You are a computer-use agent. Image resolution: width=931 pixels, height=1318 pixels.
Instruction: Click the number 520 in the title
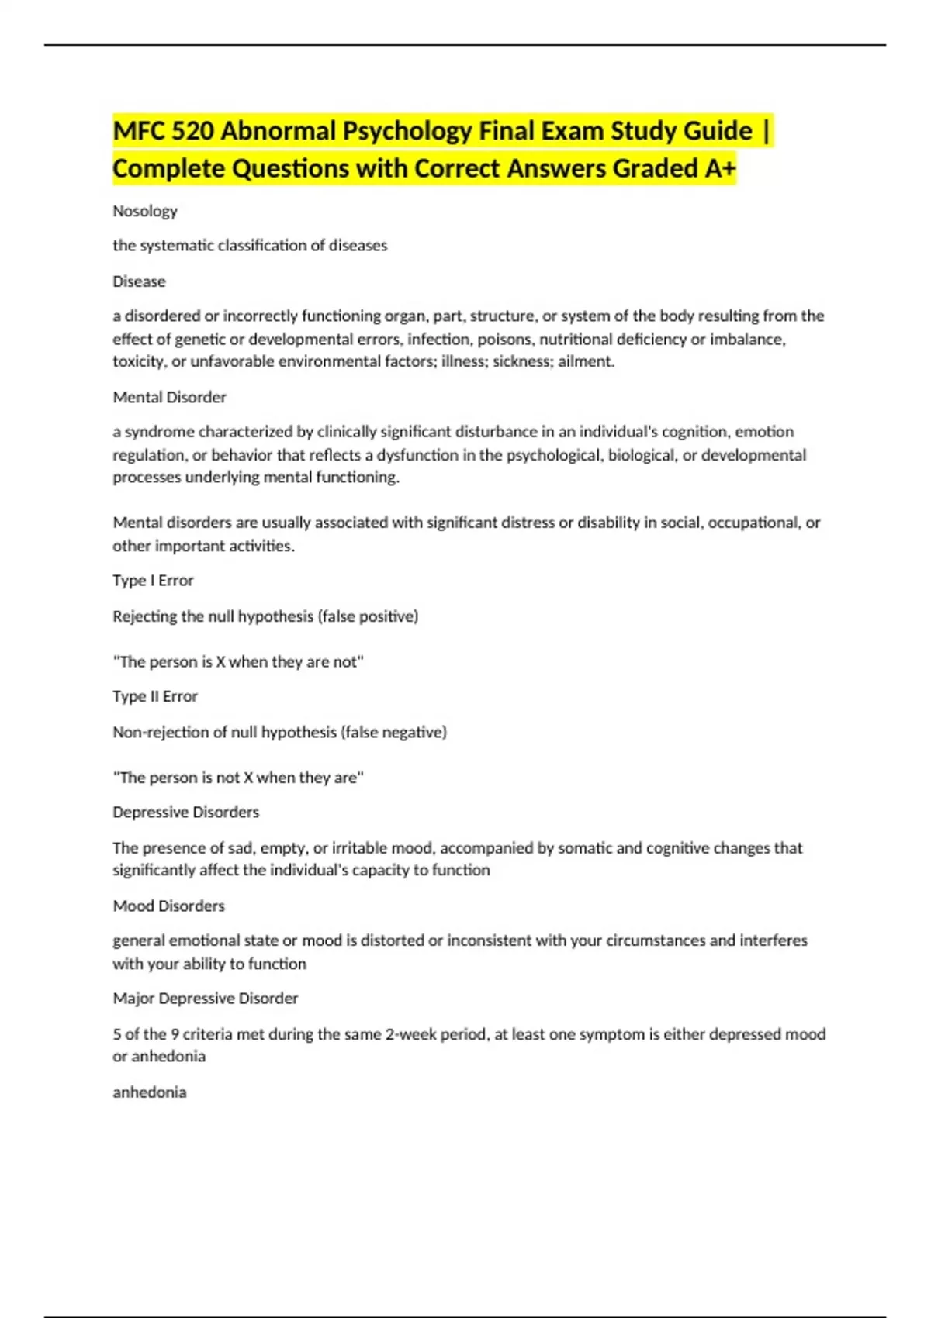[192, 131]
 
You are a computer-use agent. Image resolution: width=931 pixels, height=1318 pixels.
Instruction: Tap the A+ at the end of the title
[719, 168]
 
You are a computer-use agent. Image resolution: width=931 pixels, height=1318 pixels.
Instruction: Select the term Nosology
[145, 211]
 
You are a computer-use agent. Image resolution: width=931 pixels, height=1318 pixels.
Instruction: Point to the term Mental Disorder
[169, 397]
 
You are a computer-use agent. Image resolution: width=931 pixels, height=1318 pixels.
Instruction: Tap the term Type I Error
[153, 581]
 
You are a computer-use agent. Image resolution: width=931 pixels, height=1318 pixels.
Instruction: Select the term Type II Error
[155, 696]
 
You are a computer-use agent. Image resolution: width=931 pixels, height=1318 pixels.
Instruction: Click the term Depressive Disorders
[185, 812]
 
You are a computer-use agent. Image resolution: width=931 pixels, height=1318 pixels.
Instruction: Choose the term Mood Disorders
[168, 906]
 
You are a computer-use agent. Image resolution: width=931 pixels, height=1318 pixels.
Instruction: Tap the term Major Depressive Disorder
[205, 999]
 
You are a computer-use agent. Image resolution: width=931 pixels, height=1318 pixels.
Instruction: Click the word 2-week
[410, 1034]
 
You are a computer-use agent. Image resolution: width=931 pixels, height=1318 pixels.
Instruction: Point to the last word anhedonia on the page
[149, 1092]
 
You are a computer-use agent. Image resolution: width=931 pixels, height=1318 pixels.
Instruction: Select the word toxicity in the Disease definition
[137, 361]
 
